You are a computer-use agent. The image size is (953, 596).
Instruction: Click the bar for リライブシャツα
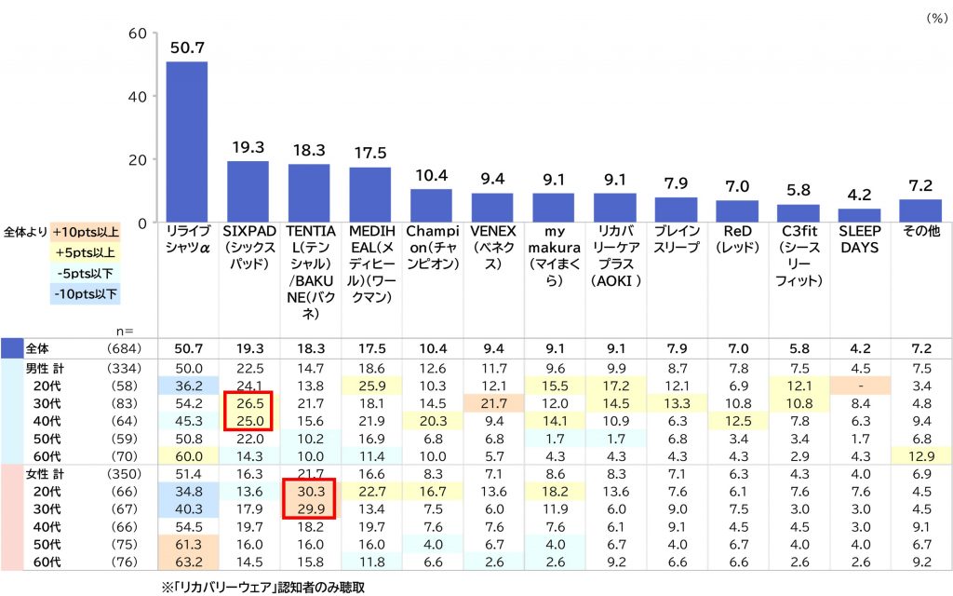tap(186, 142)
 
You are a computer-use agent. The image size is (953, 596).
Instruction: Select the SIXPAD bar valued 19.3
tap(248, 191)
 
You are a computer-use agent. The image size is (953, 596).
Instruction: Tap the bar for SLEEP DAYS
tap(859, 215)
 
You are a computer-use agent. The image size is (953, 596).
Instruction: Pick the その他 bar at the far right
tap(919, 210)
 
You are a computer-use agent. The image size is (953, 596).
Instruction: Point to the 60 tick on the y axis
tap(137, 34)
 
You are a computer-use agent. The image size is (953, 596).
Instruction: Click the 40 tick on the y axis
tap(137, 96)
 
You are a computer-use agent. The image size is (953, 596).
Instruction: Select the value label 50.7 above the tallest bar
tap(186, 47)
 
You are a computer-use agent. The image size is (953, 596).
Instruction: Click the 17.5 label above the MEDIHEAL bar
tap(369, 153)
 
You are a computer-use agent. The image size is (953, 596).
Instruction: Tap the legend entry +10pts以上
tap(86, 232)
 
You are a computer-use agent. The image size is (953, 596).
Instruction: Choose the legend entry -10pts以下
tap(86, 293)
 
